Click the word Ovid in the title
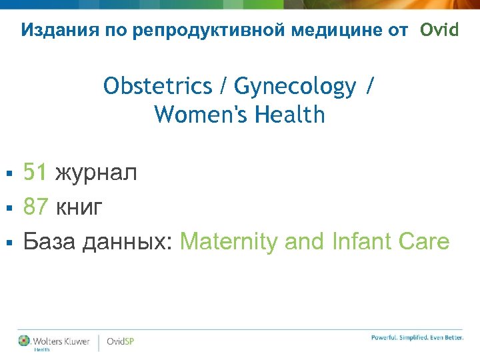(x=439, y=30)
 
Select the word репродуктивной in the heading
(x=183, y=30)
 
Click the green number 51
(x=35, y=173)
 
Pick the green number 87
(x=35, y=207)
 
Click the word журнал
(x=96, y=173)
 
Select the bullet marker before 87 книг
(x=9, y=208)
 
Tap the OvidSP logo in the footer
(x=121, y=341)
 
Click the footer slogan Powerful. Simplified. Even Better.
(x=417, y=338)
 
